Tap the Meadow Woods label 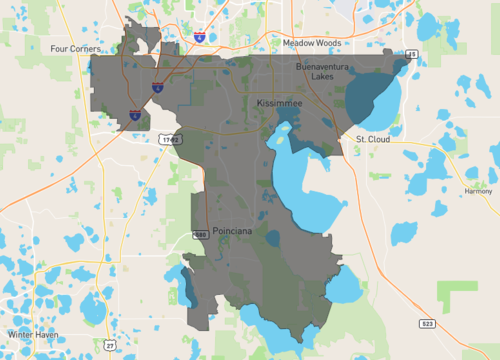click(x=311, y=44)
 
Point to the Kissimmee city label click(x=278, y=103)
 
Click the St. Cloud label click(x=372, y=138)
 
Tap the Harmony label click(x=478, y=190)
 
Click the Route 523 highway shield click(x=427, y=324)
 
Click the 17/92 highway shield click(x=169, y=140)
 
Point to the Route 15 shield click(x=412, y=54)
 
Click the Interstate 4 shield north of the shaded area click(x=201, y=37)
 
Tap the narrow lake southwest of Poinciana click(x=186, y=285)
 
